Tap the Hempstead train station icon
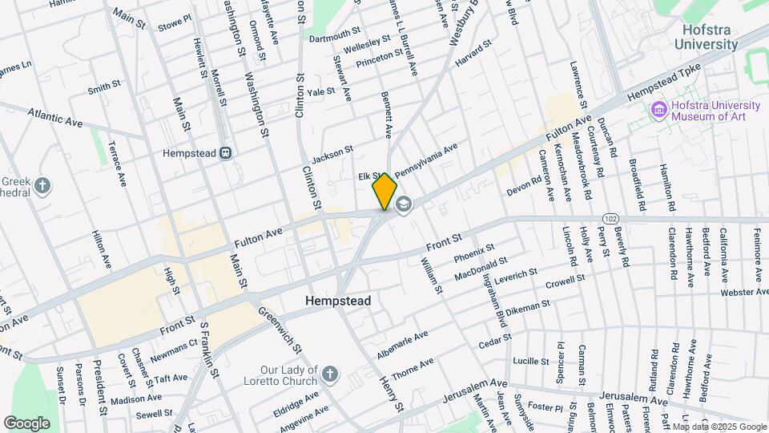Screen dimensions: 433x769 tap(227, 152)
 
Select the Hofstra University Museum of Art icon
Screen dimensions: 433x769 tap(659, 109)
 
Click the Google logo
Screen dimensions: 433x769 tap(26, 423)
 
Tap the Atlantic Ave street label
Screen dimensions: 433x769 tap(56, 117)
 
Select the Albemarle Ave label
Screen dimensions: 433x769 tap(404, 344)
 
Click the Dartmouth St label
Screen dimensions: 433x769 tap(334, 34)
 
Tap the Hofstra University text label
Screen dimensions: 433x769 tap(705, 37)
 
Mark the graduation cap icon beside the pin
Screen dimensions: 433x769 tap(403, 204)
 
